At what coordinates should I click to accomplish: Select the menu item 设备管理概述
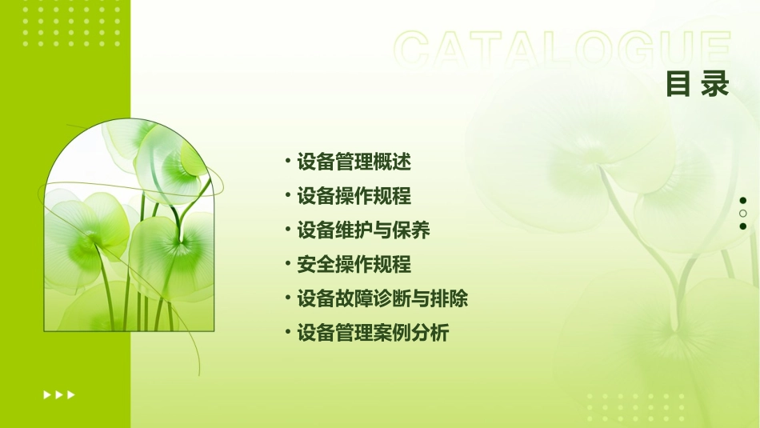pyautogui.click(x=354, y=162)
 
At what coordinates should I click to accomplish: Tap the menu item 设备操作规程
pyautogui.click(x=354, y=196)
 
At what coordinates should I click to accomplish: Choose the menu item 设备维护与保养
pyautogui.click(x=363, y=230)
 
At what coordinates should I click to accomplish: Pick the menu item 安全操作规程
pyautogui.click(x=354, y=264)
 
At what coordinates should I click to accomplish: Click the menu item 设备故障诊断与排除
pyautogui.click(x=382, y=299)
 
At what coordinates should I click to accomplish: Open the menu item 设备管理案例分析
pyautogui.click(x=373, y=333)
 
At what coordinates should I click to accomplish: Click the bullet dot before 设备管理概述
pyautogui.click(x=289, y=161)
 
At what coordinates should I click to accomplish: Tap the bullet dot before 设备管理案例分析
pyautogui.click(x=289, y=332)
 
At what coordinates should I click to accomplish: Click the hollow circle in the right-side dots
pyautogui.click(x=743, y=214)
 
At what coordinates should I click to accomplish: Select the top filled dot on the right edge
pyautogui.click(x=743, y=201)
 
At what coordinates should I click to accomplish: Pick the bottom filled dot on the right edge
pyautogui.click(x=743, y=226)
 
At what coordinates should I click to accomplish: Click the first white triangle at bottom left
pyautogui.click(x=46, y=394)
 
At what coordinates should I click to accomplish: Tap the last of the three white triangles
pyautogui.click(x=71, y=394)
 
